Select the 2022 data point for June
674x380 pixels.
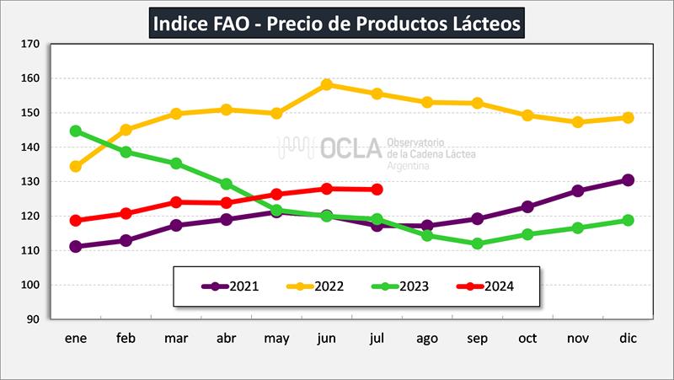coord(327,84)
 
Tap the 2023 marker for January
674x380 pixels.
coord(76,131)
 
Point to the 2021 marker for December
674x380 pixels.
coord(628,179)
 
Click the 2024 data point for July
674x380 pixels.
coord(377,189)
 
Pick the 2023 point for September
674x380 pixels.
coord(477,244)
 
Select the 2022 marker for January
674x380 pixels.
coord(76,166)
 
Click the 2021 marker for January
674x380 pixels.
coord(76,247)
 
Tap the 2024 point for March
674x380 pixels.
coord(176,202)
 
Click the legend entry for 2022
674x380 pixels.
coord(315,286)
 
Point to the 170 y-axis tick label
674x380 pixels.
coord(30,44)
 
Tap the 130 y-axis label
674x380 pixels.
coord(30,181)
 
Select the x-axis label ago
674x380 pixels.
coord(427,338)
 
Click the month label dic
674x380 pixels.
coord(628,338)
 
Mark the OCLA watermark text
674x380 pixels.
coord(350,148)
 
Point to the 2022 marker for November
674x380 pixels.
coord(577,122)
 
